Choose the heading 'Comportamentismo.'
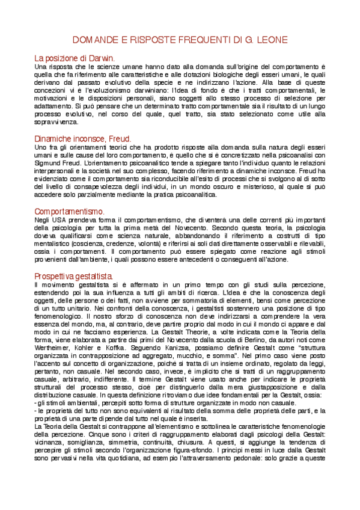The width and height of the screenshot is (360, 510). click(70, 212)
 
